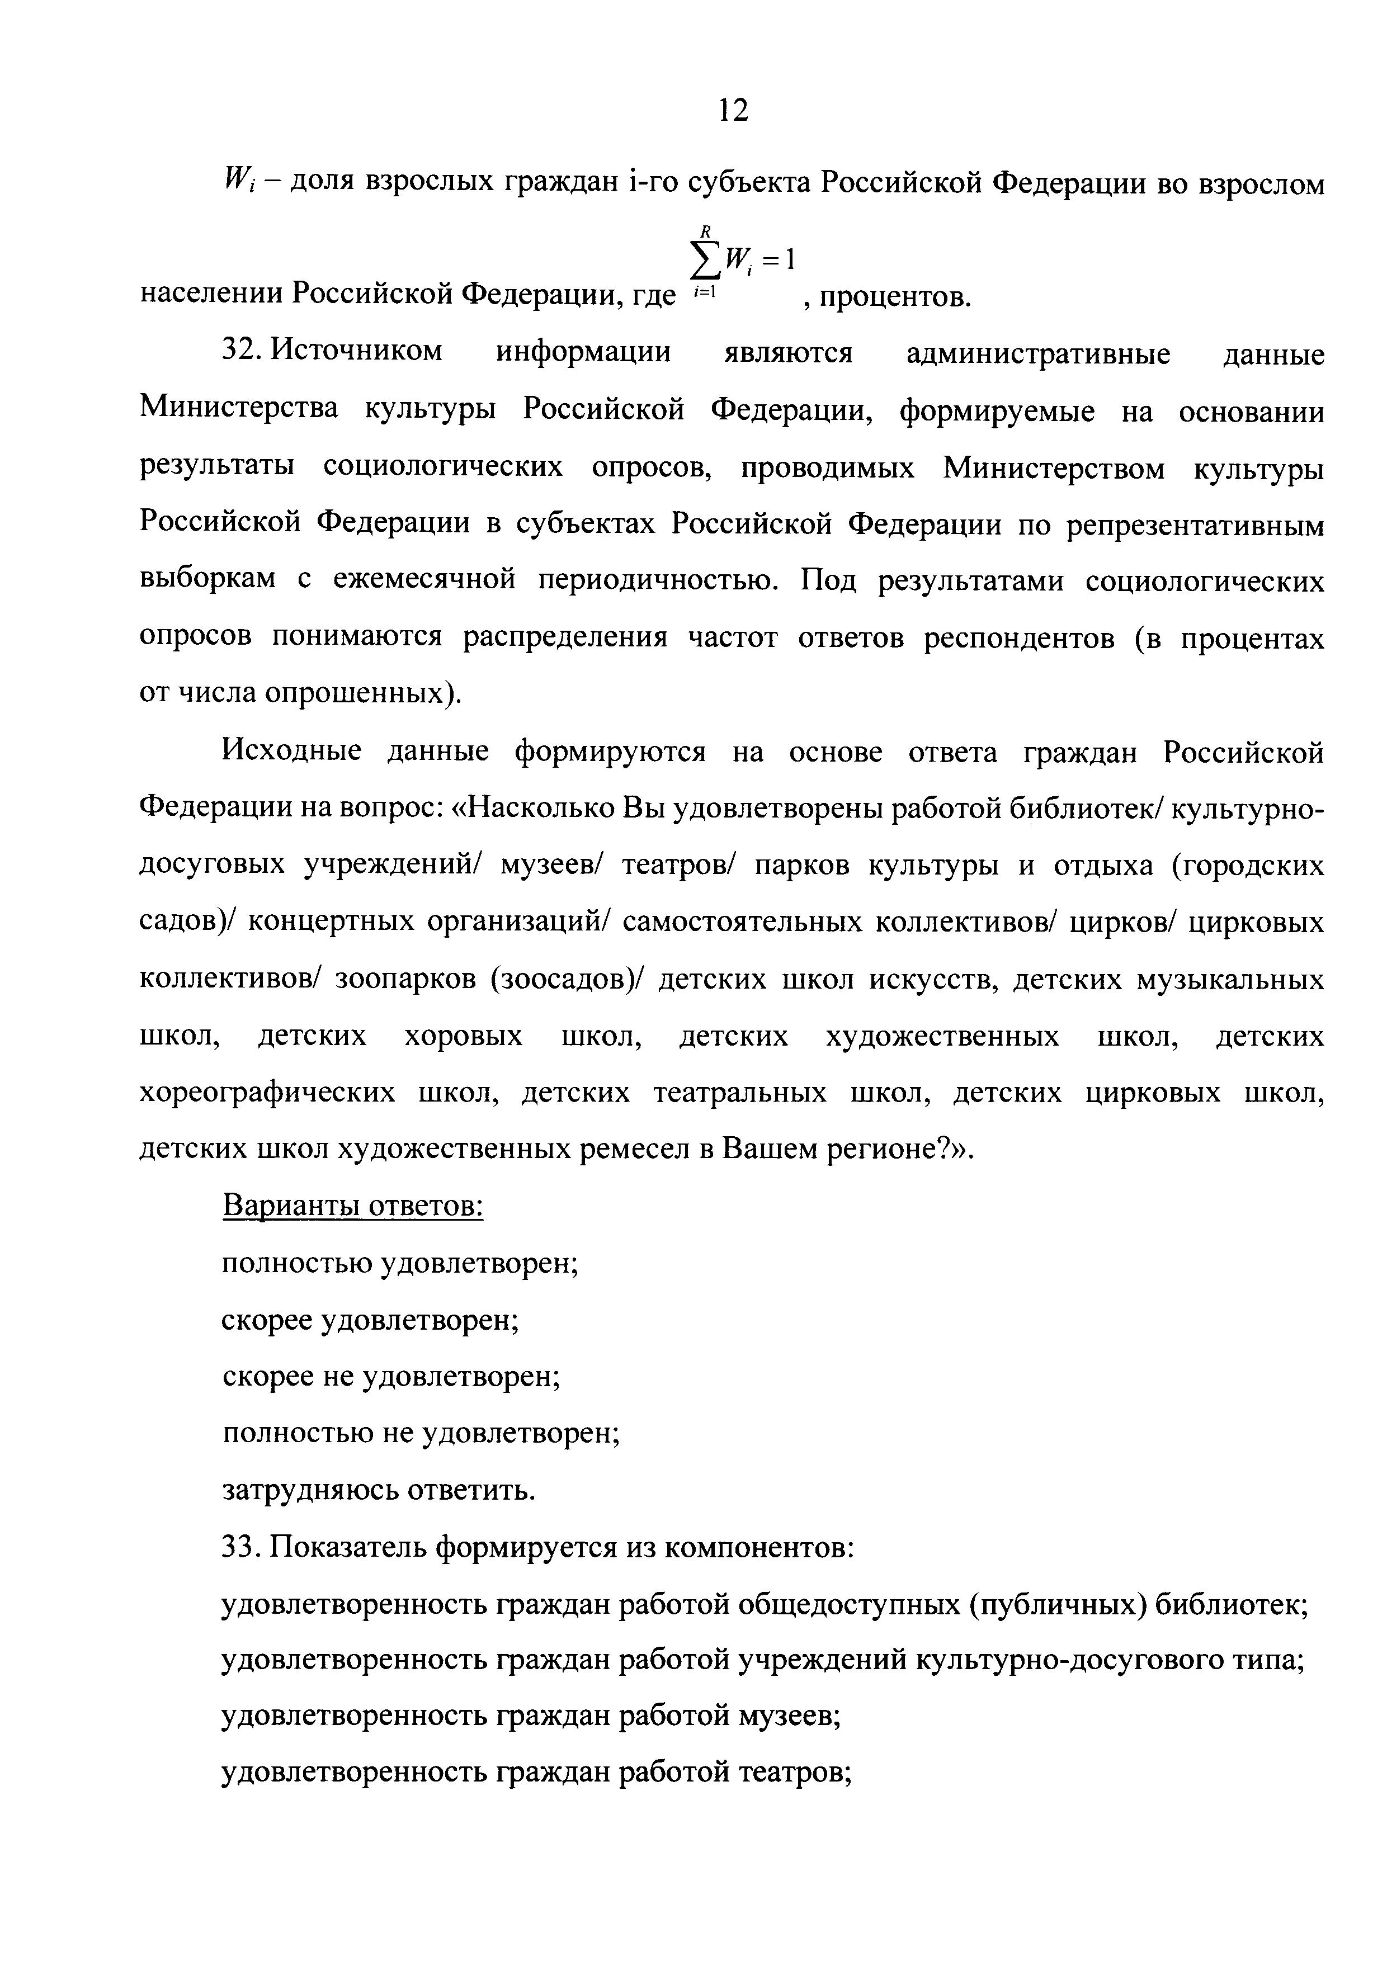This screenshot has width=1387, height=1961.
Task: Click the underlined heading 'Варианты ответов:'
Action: pyautogui.click(x=353, y=1206)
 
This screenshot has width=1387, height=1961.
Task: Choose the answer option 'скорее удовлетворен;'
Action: pyautogui.click(x=371, y=1320)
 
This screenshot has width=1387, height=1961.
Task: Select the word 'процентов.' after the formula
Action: pyautogui.click(x=888, y=297)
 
